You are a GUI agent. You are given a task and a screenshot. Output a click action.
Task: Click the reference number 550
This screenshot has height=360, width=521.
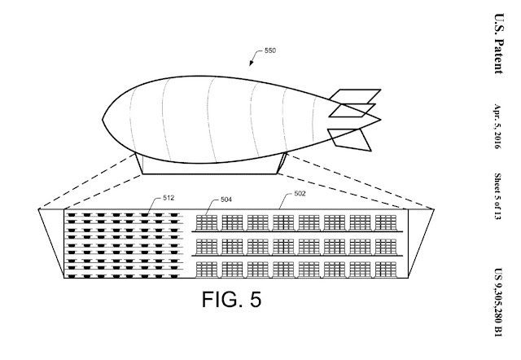point(270,50)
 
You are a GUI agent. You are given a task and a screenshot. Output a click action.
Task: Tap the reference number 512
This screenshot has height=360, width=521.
point(169,198)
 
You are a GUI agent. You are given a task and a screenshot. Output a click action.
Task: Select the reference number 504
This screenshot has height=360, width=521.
point(226,200)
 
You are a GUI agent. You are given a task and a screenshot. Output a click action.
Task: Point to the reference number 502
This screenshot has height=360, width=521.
point(300,194)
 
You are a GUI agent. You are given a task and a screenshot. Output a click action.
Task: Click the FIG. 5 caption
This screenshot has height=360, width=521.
point(231,299)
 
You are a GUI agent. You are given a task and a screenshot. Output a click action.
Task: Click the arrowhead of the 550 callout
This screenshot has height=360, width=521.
point(251,64)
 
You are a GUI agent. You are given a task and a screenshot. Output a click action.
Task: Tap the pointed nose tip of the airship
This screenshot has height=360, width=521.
point(103,120)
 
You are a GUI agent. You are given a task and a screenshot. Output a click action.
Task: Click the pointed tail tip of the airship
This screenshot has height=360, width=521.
point(380,120)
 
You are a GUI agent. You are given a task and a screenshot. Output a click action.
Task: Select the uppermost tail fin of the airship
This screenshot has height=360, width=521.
point(355,96)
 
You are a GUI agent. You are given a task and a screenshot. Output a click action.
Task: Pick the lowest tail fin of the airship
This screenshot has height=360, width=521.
point(349,139)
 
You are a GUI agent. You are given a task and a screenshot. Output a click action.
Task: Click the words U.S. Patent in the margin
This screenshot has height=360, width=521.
point(499,43)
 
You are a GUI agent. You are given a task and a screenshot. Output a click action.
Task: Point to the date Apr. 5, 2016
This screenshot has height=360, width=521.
point(497,126)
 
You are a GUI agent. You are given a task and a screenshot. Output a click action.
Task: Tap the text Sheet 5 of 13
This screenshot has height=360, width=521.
point(497,196)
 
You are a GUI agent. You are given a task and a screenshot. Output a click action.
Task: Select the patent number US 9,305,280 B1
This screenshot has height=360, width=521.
point(498,302)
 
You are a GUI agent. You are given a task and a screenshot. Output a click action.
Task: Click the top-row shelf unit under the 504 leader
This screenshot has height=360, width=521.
point(207,222)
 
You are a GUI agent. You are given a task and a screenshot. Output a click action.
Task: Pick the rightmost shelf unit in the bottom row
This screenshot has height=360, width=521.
point(386,270)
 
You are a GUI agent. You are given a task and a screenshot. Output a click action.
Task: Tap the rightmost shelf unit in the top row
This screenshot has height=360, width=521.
point(386,222)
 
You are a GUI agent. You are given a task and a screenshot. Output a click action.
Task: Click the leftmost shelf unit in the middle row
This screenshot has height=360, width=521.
point(207,247)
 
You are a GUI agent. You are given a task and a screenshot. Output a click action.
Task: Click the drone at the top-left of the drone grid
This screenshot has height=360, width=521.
point(71,215)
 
